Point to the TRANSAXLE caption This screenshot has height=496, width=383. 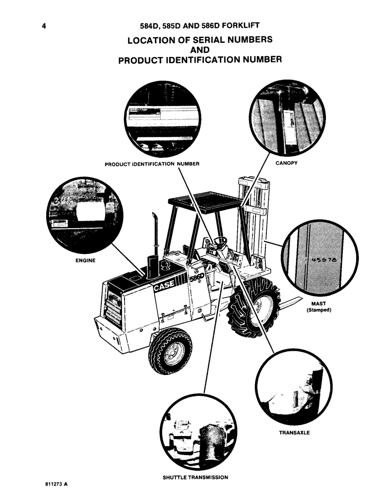(x=295, y=433)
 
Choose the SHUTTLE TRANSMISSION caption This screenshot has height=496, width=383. (x=195, y=478)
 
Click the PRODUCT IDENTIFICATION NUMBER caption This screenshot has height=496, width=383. (x=152, y=164)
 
